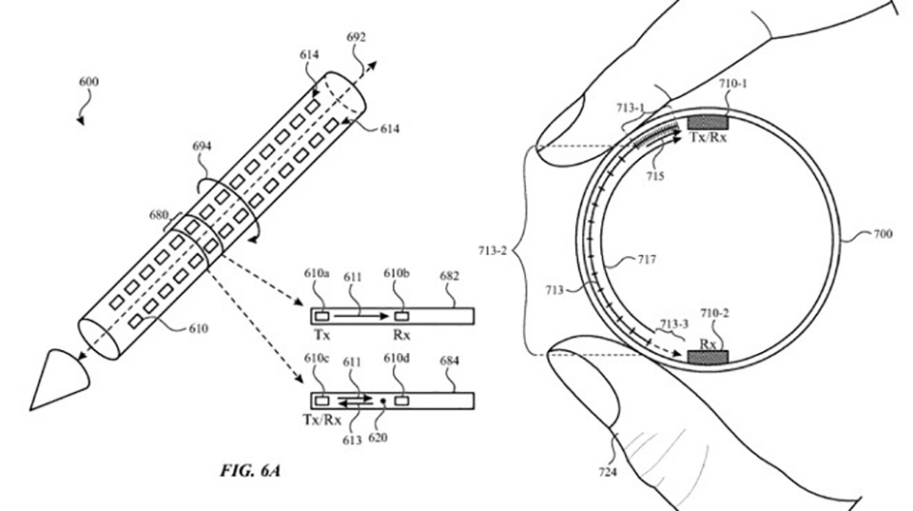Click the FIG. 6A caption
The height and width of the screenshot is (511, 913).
pyautogui.click(x=250, y=470)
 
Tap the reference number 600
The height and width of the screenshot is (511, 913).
pyautogui.click(x=88, y=82)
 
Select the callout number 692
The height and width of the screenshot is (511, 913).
pyautogui.click(x=356, y=38)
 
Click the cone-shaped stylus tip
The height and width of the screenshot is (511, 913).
pyautogui.click(x=58, y=378)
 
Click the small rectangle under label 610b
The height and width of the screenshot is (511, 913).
pyautogui.click(x=401, y=316)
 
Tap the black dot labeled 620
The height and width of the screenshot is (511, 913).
pyautogui.click(x=382, y=401)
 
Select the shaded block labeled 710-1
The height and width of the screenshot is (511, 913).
pyautogui.click(x=708, y=122)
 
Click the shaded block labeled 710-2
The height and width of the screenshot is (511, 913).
pyautogui.click(x=708, y=357)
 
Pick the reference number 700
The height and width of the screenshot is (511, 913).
pyautogui.click(x=882, y=235)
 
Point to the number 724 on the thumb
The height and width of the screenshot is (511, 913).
pyautogui.click(x=608, y=472)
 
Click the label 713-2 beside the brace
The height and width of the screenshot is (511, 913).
pyautogui.click(x=492, y=252)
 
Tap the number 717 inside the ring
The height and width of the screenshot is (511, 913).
pyautogui.click(x=646, y=259)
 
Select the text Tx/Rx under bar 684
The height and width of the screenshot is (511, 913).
pyautogui.click(x=321, y=420)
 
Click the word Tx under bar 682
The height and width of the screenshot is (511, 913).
pyautogui.click(x=322, y=335)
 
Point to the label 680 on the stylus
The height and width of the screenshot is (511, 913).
pyautogui.click(x=159, y=216)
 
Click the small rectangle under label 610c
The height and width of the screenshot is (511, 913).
pyautogui.click(x=322, y=401)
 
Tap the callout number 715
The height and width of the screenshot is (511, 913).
pyautogui.click(x=655, y=175)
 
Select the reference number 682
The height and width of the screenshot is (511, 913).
pyautogui.click(x=449, y=276)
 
